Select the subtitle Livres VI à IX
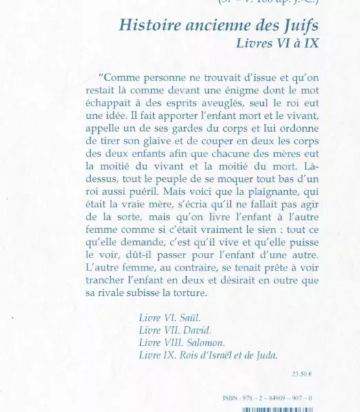(x=279, y=45)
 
